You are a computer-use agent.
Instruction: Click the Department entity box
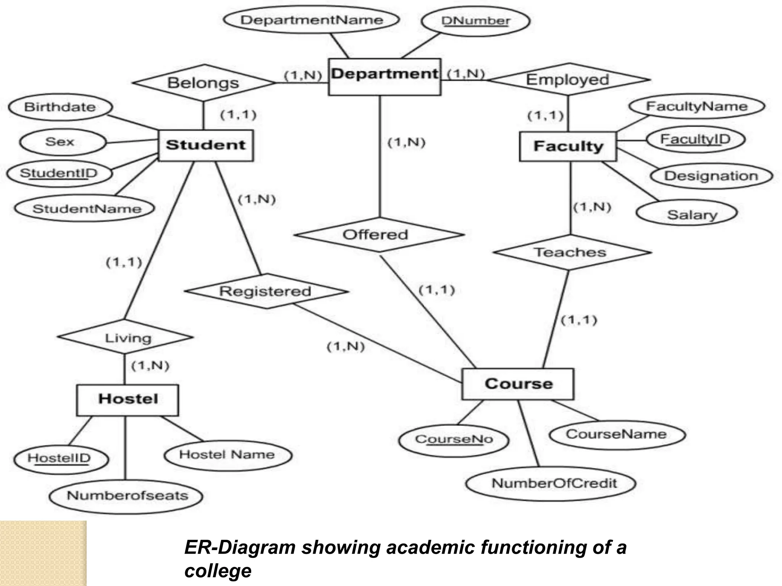click(385, 77)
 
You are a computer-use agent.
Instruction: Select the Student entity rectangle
click(205, 145)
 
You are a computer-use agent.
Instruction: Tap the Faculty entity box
click(568, 146)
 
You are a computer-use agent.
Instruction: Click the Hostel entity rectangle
click(128, 400)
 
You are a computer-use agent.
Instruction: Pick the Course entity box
click(518, 384)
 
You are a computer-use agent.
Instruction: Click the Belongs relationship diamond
click(203, 83)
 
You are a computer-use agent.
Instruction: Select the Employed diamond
click(568, 80)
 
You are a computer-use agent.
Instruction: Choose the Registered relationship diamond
click(265, 291)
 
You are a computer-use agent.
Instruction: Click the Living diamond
click(126, 338)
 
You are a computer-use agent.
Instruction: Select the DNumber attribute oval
click(475, 21)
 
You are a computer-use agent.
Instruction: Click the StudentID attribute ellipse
click(59, 174)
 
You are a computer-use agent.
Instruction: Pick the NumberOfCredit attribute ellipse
click(554, 483)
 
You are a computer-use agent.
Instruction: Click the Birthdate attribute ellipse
click(60, 107)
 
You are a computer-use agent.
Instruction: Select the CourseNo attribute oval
click(454, 439)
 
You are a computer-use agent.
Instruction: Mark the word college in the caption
click(218, 571)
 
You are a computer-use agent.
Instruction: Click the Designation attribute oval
click(711, 176)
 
